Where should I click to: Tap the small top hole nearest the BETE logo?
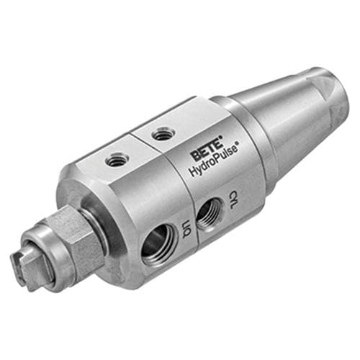tap(160, 134)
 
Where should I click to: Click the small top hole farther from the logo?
tap(117, 160)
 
